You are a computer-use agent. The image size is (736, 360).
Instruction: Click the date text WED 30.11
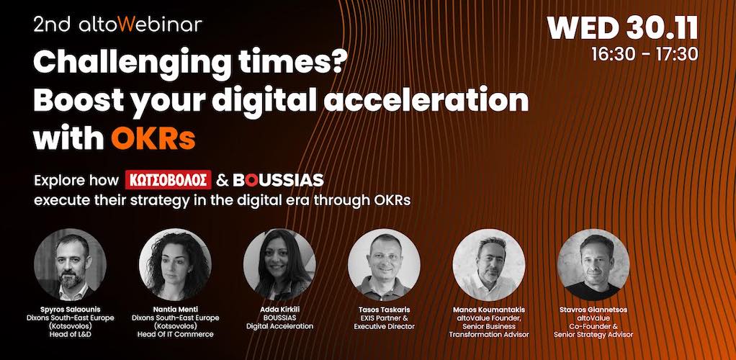pyautogui.click(x=622, y=29)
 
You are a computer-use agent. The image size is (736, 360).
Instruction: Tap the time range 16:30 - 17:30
pyautogui.click(x=645, y=55)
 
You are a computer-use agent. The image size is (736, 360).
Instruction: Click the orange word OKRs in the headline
pyautogui.click(x=153, y=138)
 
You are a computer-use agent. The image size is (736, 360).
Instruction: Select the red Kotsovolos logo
pyautogui.click(x=168, y=180)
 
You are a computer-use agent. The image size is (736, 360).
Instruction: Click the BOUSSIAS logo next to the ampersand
pyautogui.click(x=279, y=180)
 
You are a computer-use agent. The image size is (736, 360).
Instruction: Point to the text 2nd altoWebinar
pyautogui.click(x=118, y=24)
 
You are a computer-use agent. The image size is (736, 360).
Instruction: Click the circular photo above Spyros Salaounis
pyautogui.click(x=70, y=264)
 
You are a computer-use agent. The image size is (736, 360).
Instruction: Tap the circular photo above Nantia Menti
pyautogui.click(x=175, y=264)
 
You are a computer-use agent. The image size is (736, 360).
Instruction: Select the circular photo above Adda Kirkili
pyautogui.click(x=279, y=264)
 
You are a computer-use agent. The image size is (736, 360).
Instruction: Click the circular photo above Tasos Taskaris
pyautogui.click(x=385, y=264)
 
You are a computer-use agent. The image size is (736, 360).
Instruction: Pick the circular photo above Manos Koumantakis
pyautogui.click(x=489, y=264)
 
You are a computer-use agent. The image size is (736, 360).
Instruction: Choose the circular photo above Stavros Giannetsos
pyautogui.click(x=593, y=264)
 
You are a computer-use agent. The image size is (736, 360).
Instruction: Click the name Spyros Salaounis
pyautogui.click(x=70, y=310)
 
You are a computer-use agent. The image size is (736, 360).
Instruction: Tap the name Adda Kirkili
pyautogui.click(x=279, y=310)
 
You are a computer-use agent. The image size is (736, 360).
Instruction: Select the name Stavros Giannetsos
pyautogui.click(x=593, y=310)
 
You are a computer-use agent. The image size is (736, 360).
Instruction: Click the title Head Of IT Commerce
pyautogui.click(x=175, y=335)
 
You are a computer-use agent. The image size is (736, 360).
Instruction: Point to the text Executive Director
pyautogui.click(x=385, y=326)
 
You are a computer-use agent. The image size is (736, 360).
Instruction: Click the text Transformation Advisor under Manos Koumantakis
pyautogui.click(x=489, y=335)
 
